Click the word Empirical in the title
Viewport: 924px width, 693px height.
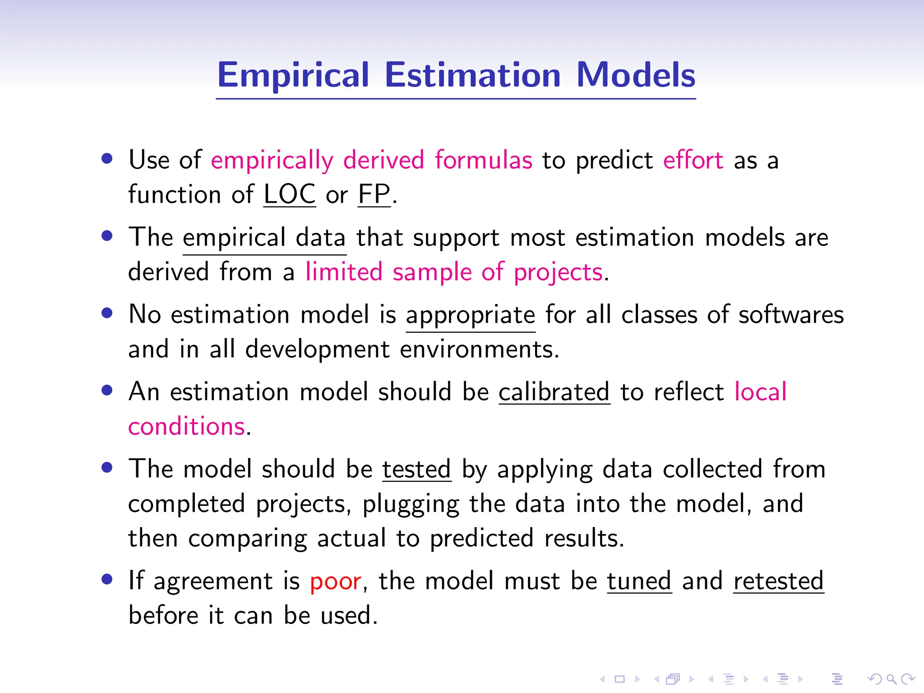[293, 75]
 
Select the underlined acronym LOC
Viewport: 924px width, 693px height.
[289, 194]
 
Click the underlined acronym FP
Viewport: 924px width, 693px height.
[374, 194]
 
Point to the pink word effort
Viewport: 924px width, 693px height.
[693, 160]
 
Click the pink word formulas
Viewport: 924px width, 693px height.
[483, 160]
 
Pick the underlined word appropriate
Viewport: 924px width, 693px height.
[470, 315]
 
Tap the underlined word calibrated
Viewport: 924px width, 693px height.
[554, 392]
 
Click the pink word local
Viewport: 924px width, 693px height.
[760, 392]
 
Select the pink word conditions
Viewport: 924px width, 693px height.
[186, 426]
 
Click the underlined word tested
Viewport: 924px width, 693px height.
[416, 469]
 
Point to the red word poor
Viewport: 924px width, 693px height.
[335, 581]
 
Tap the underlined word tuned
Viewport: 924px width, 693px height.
[639, 581]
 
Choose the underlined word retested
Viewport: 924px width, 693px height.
[778, 581]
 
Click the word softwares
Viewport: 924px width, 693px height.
[790, 315]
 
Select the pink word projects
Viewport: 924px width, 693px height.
[558, 273]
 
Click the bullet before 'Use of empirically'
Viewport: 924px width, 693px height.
[107, 159]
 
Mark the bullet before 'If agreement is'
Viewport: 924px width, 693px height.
[107, 579]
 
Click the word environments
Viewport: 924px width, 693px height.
[479, 350]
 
